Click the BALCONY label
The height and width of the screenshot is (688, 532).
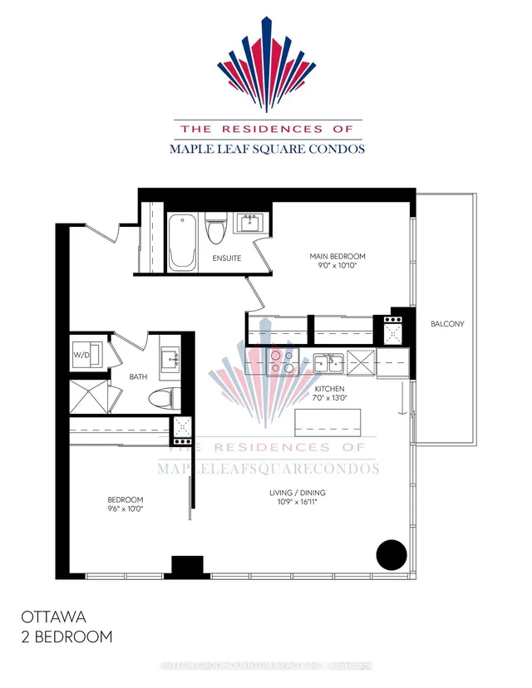pos(447,324)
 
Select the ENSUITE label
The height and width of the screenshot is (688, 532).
pos(226,258)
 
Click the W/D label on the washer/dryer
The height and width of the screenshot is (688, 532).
pos(81,356)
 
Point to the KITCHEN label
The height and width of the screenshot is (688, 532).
pos(330,389)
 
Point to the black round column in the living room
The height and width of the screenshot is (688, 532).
pos(392,553)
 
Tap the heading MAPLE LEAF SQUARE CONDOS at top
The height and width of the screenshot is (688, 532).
pos(267,150)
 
